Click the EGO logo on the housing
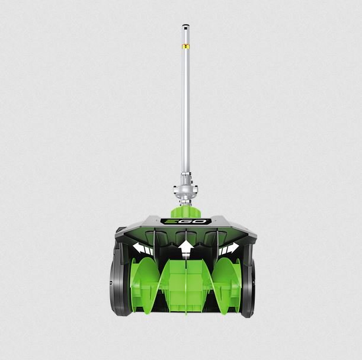point(185,221)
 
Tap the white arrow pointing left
point(142,248)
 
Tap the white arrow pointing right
point(229,248)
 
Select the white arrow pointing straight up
point(185,249)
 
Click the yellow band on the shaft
point(185,46)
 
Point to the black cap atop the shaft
point(185,25)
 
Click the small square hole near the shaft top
point(185,29)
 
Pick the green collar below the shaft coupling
point(185,211)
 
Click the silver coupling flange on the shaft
point(185,189)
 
